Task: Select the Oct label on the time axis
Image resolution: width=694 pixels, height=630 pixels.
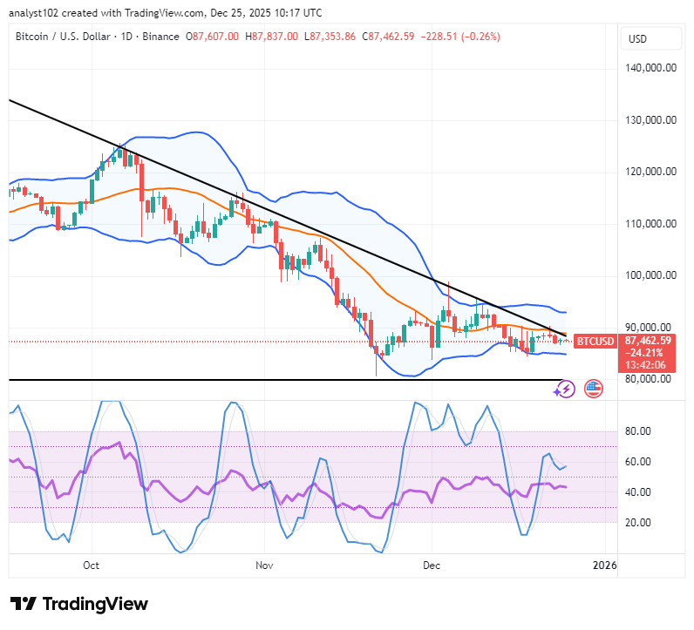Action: (92, 565)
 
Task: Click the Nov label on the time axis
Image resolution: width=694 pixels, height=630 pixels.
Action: (265, 565)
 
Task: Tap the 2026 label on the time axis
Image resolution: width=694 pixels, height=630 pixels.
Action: (603, 565)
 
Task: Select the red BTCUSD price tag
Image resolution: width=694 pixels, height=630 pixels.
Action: (598, 341)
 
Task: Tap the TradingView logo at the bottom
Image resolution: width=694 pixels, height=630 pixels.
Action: (79, 604)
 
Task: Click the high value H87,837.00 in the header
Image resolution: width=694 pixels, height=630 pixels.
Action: (272, 37)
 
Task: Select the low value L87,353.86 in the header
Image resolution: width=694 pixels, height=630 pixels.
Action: (332, 37)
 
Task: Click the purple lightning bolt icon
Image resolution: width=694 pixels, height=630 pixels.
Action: (565, 389)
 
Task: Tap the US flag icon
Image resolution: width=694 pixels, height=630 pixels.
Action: (595, 389)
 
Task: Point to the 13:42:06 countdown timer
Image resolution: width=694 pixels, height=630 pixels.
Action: (647, 365)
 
